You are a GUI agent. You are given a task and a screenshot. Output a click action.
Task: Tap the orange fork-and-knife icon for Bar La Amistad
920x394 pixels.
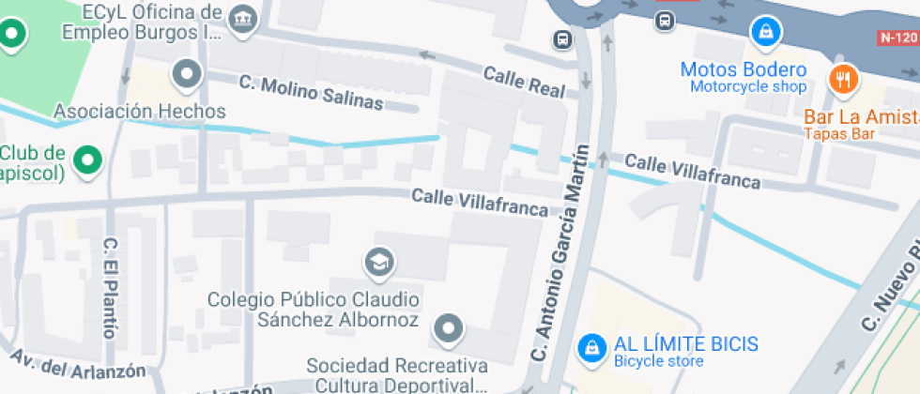[x=843, y=79]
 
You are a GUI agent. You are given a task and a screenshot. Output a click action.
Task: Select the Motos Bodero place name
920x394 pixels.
[x=743, y=69]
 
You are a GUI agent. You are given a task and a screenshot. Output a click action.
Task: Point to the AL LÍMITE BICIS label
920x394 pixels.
[x=686, y=344]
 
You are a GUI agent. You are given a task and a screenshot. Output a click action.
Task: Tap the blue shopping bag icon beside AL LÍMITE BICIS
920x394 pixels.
[x=591, y=348]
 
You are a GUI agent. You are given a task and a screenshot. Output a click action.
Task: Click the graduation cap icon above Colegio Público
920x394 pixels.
[x=379, y=263]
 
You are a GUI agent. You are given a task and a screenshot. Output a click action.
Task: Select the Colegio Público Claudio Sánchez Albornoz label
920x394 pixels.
[x=314, y=310]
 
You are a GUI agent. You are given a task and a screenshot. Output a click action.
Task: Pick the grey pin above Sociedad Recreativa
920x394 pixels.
[x=448, y=329]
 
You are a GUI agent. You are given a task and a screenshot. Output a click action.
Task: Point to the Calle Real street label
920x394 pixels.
[x=524, y=83]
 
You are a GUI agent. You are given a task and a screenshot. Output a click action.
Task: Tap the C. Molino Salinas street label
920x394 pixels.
[x=311, y=92]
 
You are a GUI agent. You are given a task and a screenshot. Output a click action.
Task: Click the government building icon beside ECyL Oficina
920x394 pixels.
[x=243, y=19]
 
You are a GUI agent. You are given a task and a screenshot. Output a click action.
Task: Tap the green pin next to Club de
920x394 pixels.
[x=88, y=159]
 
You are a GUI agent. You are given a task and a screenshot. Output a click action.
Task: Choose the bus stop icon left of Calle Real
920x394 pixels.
[x=561, y=40]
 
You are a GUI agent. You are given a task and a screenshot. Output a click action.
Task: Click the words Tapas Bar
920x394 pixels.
[x=838, y=134]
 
